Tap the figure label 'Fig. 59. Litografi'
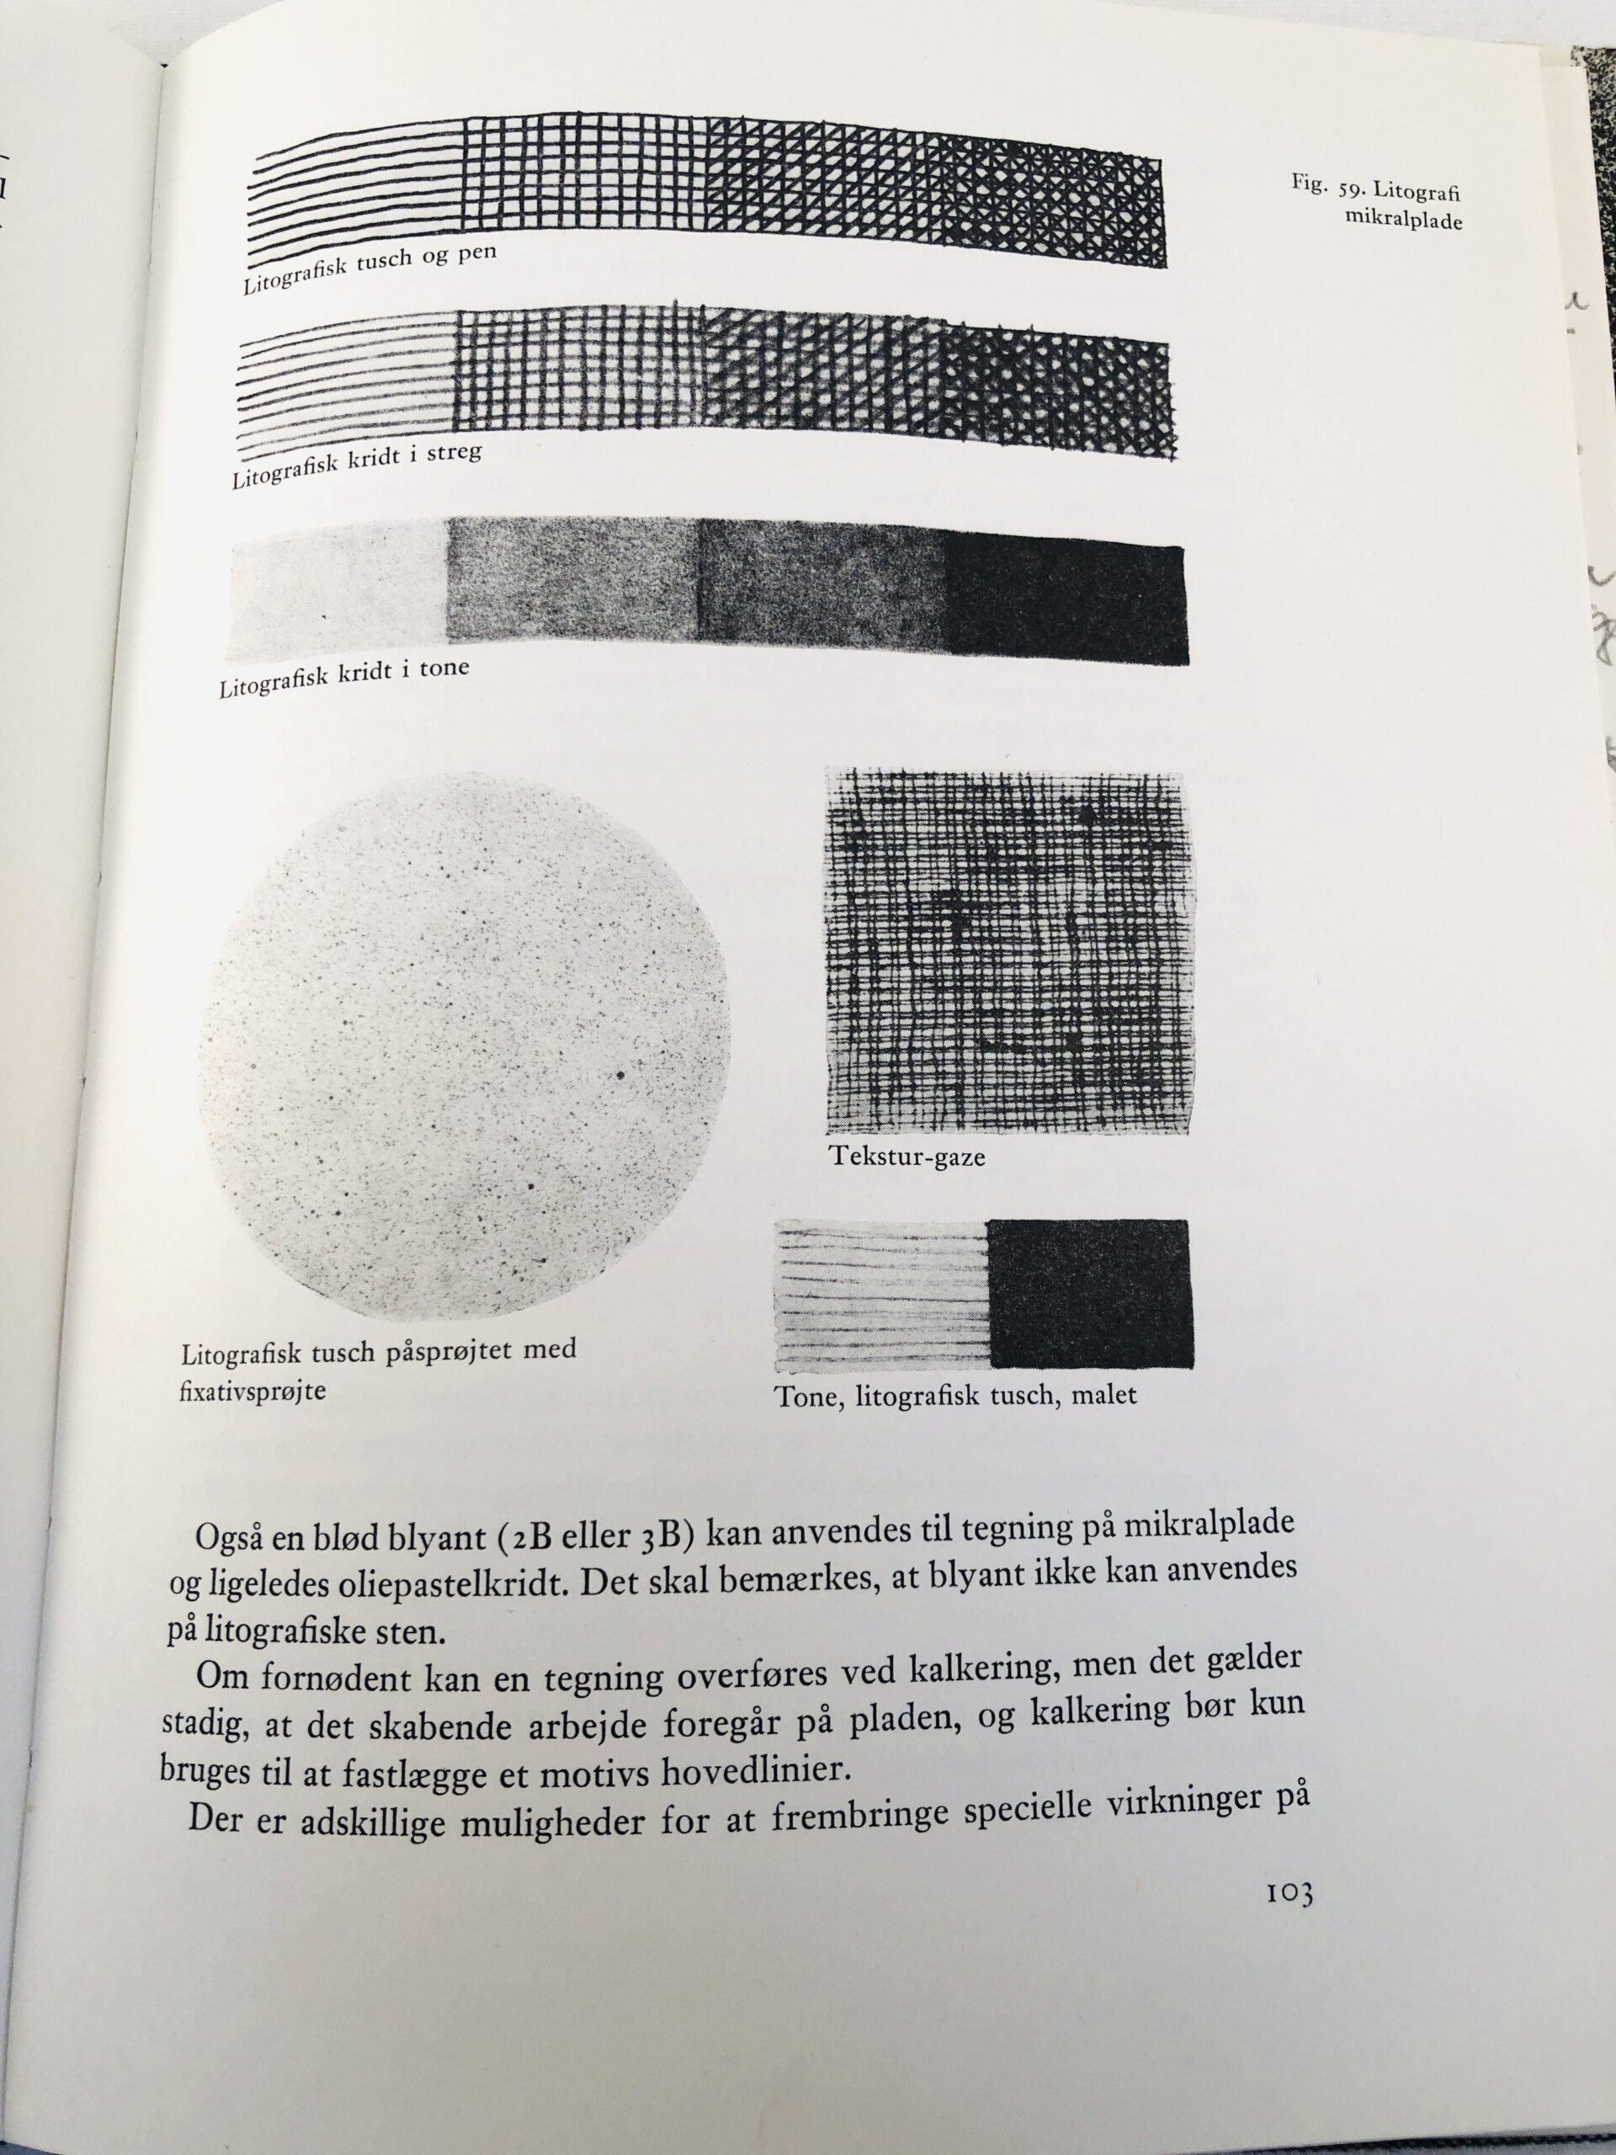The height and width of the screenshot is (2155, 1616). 1374,190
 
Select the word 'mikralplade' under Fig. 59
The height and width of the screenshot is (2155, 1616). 1403,221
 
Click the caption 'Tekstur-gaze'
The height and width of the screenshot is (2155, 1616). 906,1157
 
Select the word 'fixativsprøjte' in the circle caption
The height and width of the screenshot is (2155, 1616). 253,1391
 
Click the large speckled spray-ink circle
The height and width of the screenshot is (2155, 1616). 465,1047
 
